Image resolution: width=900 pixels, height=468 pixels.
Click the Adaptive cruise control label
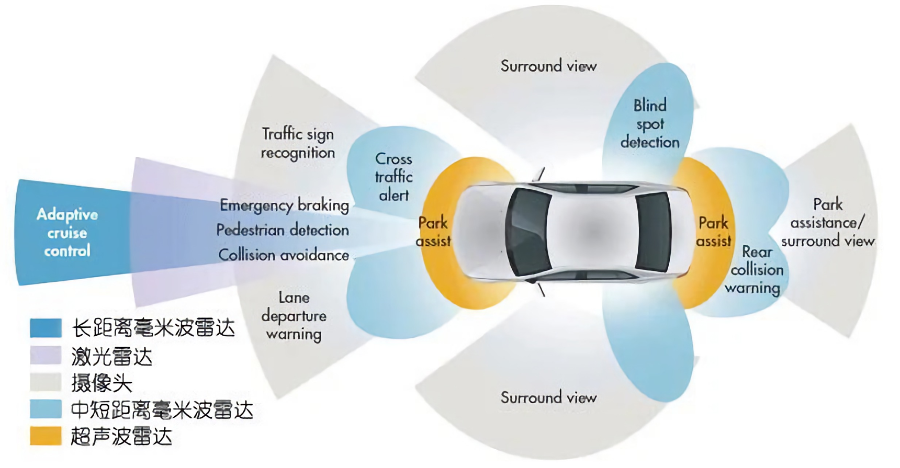67,232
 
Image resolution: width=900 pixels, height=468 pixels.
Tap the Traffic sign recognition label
298,143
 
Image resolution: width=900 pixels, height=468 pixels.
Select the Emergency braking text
284,205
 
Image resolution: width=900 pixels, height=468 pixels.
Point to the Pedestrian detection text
283,230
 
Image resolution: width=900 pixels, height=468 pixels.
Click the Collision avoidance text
284,255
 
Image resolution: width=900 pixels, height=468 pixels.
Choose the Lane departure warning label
294,316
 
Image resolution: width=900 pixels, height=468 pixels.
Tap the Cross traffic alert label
393,177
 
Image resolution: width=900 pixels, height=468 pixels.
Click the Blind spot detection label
650,123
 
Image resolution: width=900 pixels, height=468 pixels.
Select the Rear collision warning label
756,270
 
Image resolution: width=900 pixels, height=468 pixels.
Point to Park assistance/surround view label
828,222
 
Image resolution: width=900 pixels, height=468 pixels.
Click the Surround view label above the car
548,66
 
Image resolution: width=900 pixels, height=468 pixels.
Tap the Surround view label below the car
548,397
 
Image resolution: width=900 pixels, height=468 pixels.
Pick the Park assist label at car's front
433,231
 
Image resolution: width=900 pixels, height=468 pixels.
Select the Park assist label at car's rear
714,231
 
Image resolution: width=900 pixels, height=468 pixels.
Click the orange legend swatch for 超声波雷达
46,436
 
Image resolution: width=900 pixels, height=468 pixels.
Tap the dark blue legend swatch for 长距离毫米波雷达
46,328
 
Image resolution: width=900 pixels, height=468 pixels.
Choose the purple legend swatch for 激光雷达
46,355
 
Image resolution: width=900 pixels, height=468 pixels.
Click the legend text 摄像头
102,383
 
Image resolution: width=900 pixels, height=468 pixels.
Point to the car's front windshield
528,232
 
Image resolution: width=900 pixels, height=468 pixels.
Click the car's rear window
654,232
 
